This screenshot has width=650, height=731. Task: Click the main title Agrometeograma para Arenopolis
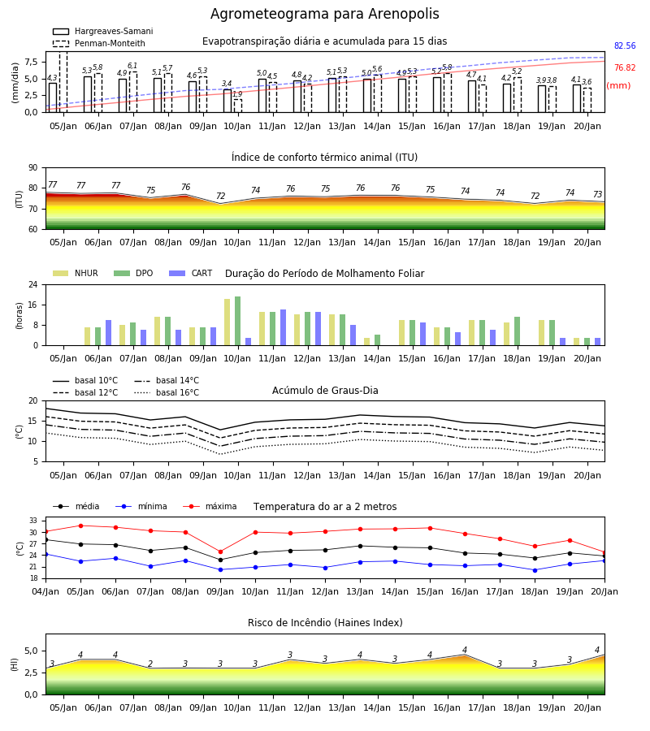pyautogui.click(x=324, y=14)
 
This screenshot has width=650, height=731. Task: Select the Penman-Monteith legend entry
pyautogui.click(x=99, y=43)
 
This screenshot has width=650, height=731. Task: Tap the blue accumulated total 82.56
pyautogui.click(x=625, y=45)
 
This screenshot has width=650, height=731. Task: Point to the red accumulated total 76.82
pyautogui.click(x=625, y=67)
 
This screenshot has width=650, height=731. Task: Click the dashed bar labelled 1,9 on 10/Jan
pyautogui.click(x=238, y=106)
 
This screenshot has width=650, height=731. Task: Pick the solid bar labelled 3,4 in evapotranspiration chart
pyautogui.click(x=227, y=101)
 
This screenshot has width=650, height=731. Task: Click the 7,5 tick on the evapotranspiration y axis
pyautogui.click(x=31, y=62)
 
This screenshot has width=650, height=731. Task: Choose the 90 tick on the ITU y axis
pyautogui.click(x=33, y=168)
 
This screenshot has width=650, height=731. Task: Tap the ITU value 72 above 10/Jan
pyautogui.click(x=220, y=196)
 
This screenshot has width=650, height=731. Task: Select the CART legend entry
pyautogui.click(x=190, y=273)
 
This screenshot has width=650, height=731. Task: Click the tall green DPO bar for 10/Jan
pyautogui.click(x=238, y=321)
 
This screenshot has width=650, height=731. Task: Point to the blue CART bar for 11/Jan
pyautogui.click(x=283, y=328)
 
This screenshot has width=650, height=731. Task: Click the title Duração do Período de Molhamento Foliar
pyautogui.click(x=324, y=274)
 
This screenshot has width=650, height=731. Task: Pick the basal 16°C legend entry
pyautogui.click(x=167, y=393)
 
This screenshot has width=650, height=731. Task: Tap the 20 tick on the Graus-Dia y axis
pyautogui.click(x=33, y=401)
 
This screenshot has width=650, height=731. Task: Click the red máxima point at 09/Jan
pyautogui.click(x=220, y=552)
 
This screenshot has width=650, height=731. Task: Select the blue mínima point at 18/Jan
pyautogui.click(x=535, y=570)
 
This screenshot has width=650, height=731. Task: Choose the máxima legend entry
pyautogui.click(x=210, y=506)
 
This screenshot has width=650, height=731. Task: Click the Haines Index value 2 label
pyautogui.click(x=150, y=664)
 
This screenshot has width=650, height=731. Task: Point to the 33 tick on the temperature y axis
pyautogui.click(x=33, y=521)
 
